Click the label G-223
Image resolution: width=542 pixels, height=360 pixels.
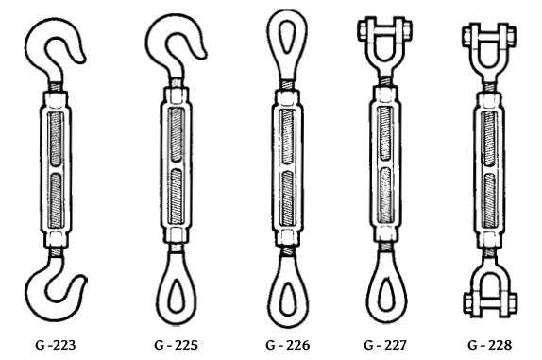(56, 345)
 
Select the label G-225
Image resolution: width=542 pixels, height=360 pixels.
(176, 345)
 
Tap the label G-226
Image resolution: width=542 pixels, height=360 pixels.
(288, 345)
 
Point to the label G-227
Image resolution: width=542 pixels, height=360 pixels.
(386, 345)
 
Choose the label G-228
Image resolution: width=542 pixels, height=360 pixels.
(489, 345)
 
